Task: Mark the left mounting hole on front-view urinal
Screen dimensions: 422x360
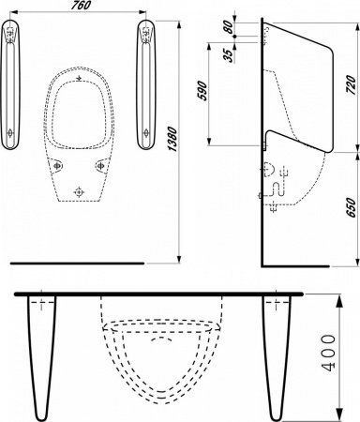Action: point(58,165)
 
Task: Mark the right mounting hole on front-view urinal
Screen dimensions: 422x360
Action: point(102,165)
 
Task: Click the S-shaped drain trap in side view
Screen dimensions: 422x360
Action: point(275,185)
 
